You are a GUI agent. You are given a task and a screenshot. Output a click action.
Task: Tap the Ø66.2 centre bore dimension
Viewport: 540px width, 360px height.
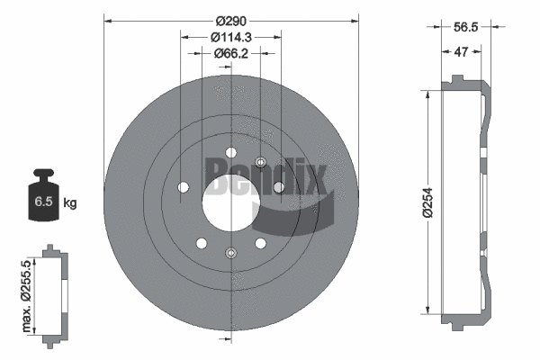(230, 54)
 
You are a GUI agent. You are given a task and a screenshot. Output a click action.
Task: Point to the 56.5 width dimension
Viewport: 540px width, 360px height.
(466, 28)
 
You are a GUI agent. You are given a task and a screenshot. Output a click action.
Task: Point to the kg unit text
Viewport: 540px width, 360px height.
(70, 202)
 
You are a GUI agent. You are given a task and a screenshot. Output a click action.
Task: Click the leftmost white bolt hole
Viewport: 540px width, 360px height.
(184, 187)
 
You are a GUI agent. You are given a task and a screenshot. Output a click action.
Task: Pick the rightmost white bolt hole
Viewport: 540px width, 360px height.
(278, 187)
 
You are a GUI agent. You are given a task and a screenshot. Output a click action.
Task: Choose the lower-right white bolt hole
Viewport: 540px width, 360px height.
(261, 242)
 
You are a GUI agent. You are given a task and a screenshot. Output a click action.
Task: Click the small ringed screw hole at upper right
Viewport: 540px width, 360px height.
(260, 163)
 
